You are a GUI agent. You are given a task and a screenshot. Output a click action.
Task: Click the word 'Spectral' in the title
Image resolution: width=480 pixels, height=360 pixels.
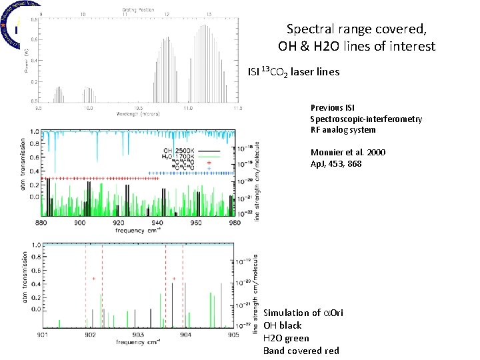tap(307, 29)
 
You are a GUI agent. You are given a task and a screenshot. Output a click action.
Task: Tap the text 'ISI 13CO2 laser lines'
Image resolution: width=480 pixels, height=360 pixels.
tap(293, 71)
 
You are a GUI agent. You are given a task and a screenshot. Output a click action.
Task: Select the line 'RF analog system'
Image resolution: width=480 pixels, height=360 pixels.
tap(343, 130)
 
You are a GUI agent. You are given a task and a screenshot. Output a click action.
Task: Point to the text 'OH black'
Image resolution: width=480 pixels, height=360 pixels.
tap(283, 325)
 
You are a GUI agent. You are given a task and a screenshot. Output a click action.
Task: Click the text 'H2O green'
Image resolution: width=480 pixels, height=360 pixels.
tap(286, 338)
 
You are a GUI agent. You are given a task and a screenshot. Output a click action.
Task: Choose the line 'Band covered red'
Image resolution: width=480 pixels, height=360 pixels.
tap(301, 351)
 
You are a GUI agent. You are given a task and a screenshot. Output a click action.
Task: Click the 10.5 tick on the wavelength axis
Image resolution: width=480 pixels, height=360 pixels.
tap(138, 107)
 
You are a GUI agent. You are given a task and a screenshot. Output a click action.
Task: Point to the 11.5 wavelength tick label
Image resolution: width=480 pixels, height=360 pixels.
tap(236, 107)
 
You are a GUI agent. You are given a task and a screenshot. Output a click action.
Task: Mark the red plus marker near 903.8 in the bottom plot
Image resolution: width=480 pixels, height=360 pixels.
tap(174, 279)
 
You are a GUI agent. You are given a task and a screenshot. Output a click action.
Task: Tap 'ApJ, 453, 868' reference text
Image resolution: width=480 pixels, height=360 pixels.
tap(337, 163)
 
